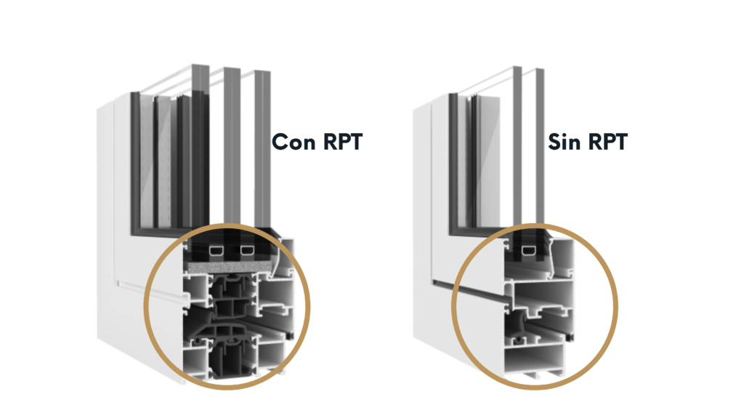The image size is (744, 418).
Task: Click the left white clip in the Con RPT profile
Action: [x=217, y=252]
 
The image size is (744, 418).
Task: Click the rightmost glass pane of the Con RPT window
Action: [x=263, y=145]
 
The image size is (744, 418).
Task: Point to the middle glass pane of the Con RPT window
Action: [x=231, y=145]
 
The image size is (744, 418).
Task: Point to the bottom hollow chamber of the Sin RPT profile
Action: [x=538, y=358]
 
